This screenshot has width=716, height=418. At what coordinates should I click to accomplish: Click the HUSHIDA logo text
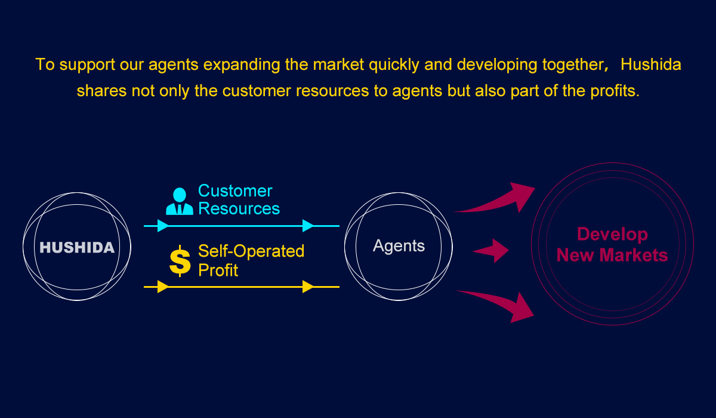pos(77,247)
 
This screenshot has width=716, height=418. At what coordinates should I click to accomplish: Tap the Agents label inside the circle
pos(399,245)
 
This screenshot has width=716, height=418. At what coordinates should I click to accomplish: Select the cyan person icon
pos(179,202)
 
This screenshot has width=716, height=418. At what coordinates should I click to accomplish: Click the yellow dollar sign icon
pos(180,261)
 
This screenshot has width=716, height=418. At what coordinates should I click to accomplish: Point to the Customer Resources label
pos(239,199)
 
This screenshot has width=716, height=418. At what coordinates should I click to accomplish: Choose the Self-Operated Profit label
pos(251,260)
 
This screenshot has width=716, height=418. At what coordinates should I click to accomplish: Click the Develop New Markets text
pos(612,245)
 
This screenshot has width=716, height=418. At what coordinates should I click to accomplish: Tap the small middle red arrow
pos(493,251)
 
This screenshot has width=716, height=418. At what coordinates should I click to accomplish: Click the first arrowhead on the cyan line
pos(162,226)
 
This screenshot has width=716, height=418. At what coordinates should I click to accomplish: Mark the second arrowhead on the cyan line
pos(308,226)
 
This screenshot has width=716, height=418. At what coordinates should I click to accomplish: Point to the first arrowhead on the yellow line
pos(162,287)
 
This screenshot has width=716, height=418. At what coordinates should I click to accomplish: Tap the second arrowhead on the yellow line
pos(308,287)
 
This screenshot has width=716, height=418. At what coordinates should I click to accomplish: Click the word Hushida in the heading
pos(650,64)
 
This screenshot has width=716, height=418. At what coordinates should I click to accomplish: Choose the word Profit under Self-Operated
pos(218,270)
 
